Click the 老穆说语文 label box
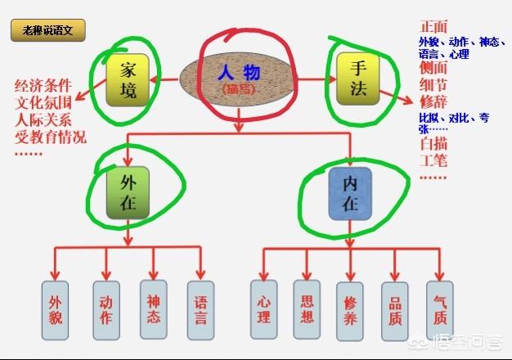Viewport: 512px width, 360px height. pyautogui.click(x=47, y=31)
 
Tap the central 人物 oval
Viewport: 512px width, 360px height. pyautogui.click(x=236, y=79)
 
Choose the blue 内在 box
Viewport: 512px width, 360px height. pyautogui.click(x=350, y=195)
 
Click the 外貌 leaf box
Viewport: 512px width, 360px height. pyautogui.click(x=57, y=311)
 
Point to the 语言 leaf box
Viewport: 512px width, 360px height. pyautogui.click(x=200, y=311)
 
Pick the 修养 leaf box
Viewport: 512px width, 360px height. pyautogui.click(x=349, y=312)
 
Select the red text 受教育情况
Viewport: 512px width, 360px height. pyautogui.click(x=50, y=137)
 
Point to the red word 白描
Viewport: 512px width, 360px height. pyautogui.click(x=433, y=144)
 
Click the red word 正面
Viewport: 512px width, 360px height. pyautogui.click(x=433, y=26)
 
